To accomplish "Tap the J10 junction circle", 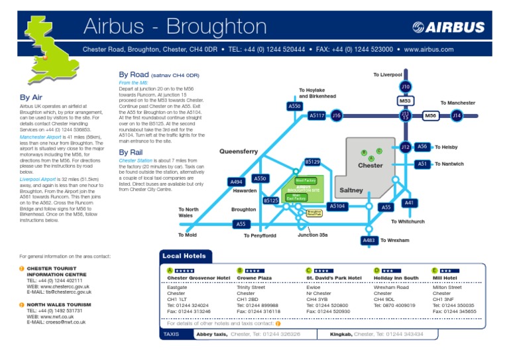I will (406, 87).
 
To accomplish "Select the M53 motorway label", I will (406, 101).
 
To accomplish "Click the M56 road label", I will (431, 115).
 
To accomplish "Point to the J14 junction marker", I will (457, 115).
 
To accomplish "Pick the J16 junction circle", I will (337, 115).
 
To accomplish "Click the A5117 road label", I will (317, 115).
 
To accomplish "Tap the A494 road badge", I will (236, 182).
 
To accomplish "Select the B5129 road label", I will (312, 162).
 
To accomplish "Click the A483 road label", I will (369, 240).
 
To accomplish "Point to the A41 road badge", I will (409, 203).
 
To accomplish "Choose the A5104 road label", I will (337, 206).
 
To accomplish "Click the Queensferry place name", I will (239, 152).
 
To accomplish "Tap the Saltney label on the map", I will (351, 190).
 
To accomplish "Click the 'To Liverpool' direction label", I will (388, 75).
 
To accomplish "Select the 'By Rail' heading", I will (131, 152).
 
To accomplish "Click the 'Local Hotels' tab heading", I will (184, 256).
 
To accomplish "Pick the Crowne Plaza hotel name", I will (254, 278).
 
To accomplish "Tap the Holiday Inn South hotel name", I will (396, 278).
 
